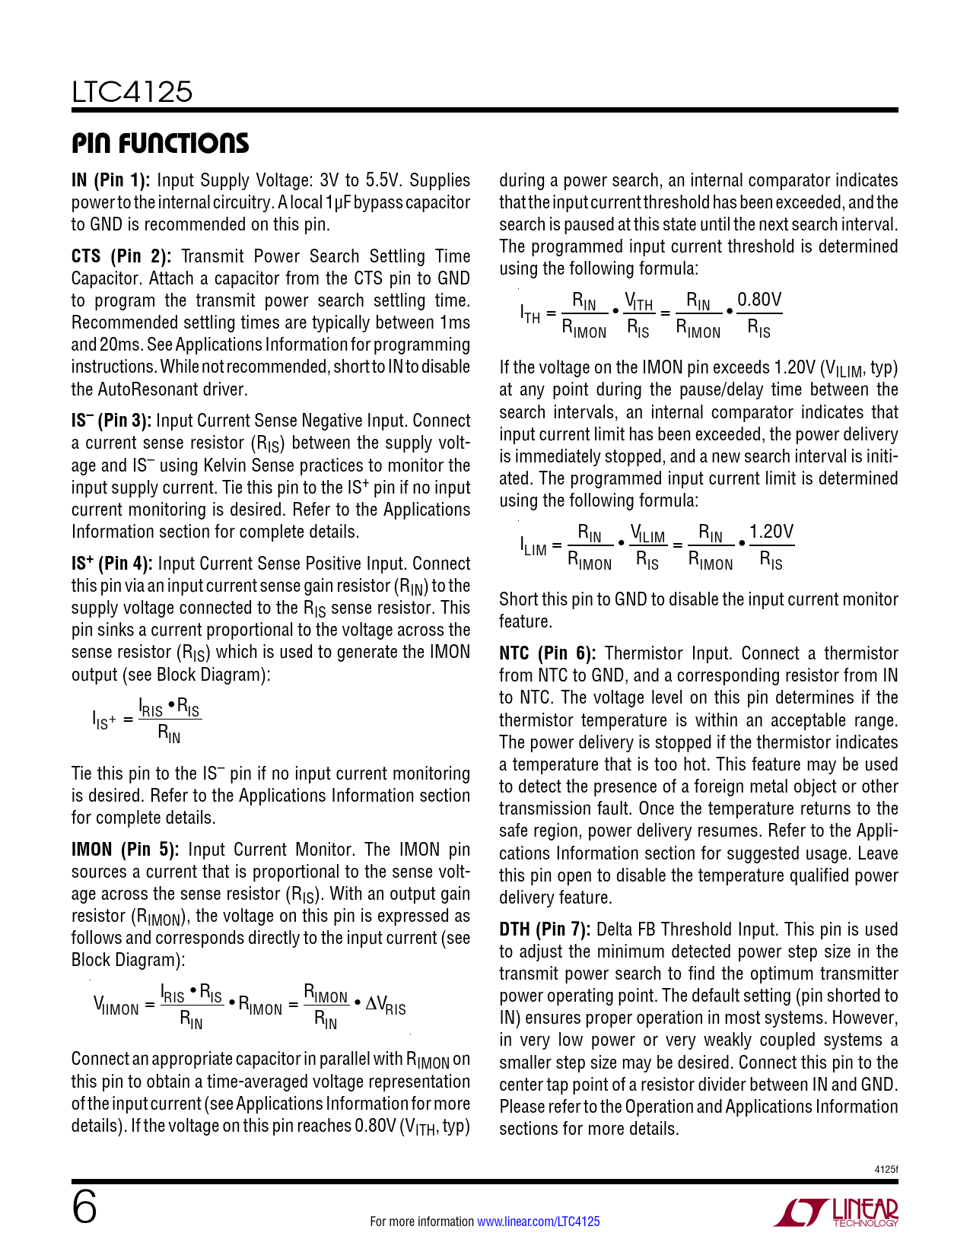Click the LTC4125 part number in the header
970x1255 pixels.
click(132, 92)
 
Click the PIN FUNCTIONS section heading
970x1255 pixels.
click(160, 143)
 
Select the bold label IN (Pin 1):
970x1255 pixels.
click(110, 181)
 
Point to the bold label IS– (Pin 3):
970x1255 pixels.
click(111, 421)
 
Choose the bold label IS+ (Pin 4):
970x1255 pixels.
click(112, 564)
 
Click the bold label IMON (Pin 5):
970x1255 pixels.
click(125, 850)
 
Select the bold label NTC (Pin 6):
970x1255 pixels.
click(547, 654)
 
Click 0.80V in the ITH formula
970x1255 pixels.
click(759, 300)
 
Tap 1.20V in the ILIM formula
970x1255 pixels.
click(771, 532)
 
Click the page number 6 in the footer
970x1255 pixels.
click(84, 1208)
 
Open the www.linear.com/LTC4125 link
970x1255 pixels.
click(538, 1222)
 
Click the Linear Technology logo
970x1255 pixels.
click(836, 1212)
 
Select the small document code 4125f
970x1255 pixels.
click(886, 1169)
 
